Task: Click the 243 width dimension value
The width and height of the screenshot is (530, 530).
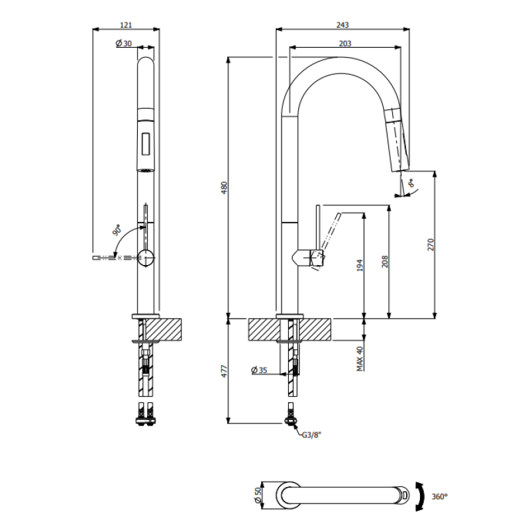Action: (342, 25)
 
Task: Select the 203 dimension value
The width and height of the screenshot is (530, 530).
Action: (344, 44)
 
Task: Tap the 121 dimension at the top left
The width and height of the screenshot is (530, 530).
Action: (126, 25)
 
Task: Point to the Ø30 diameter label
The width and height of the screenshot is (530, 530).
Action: (124, 43)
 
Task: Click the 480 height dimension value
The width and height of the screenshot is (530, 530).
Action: (225, 188)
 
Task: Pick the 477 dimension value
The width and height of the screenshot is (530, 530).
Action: (225, 371)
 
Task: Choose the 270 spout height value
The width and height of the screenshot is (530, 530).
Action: (431, 244)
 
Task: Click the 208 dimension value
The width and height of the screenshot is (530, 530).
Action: (385, 262)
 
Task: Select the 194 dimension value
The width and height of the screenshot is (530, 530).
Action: (360, 266)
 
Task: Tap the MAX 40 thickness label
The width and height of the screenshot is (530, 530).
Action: (360, 358)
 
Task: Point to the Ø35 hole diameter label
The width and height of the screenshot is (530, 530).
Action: (259, 370)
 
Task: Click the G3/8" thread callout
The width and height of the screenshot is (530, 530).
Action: (311, 435)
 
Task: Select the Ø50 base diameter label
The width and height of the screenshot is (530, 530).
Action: (258, 495)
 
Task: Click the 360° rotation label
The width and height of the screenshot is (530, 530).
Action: (439, 496)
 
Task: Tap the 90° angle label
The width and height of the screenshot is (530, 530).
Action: (117, 230)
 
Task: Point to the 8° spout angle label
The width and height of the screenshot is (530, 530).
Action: (411, 184)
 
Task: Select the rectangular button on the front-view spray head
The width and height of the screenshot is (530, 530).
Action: (146, 144)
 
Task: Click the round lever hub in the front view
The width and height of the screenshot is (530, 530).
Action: (146, 258)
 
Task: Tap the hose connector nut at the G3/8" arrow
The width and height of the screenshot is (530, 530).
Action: (291, 420)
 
